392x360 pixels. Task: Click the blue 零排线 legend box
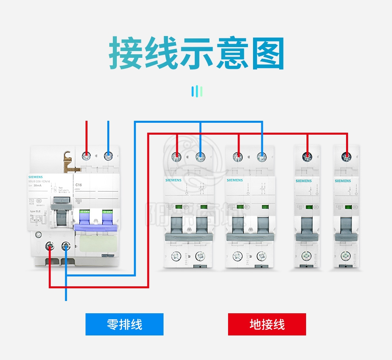click(124, 324)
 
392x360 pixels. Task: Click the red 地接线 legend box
click(267, 324)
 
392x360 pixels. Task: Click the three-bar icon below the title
click(197, 91)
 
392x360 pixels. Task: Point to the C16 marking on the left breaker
click(78, 185)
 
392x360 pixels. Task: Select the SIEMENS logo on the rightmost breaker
click(343, 181)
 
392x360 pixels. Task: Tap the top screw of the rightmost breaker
click(347, 157)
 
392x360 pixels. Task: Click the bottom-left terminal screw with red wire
click(50, 246)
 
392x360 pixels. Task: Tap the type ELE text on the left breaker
click(36, 211)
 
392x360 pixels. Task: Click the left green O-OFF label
click(84, 211)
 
